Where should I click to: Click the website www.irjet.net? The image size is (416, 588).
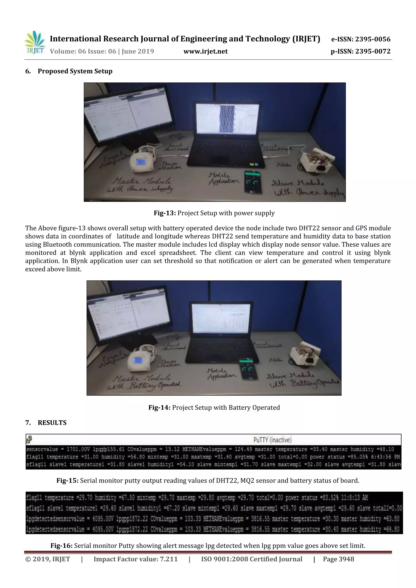[206, 52]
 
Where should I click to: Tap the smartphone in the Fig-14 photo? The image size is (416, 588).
[248, 370]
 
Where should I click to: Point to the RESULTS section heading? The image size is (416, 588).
[52, 423]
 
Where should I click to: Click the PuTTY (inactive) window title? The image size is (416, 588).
[272, 440]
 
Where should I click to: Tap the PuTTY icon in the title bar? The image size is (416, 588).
[29, 440]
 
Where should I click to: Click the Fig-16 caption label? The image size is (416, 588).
[62, 546]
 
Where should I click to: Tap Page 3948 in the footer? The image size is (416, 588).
[338, 559]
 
